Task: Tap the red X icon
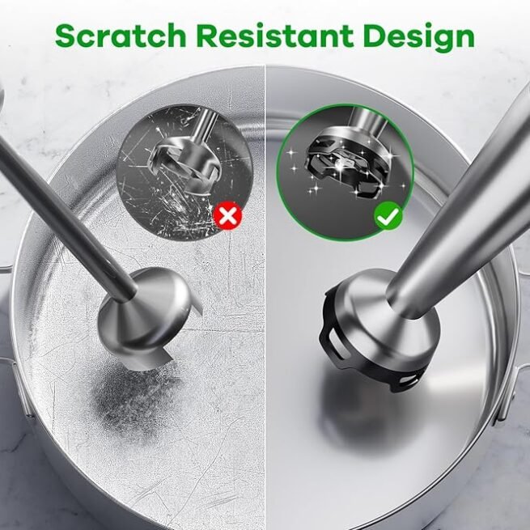[229, 216]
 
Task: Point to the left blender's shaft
[65, 211]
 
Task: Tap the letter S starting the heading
[67, 36]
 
